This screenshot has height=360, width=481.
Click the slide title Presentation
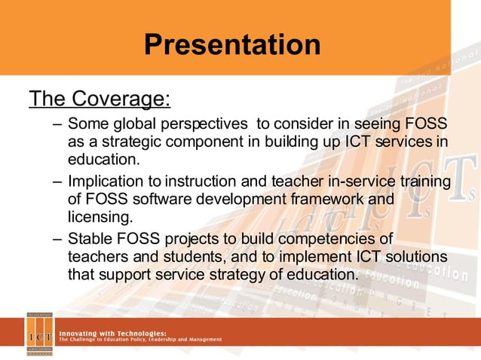pos(232,44)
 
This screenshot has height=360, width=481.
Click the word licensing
pos(100,218)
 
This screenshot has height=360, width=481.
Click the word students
pos(186,258)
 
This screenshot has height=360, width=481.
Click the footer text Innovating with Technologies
pos(114,332)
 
